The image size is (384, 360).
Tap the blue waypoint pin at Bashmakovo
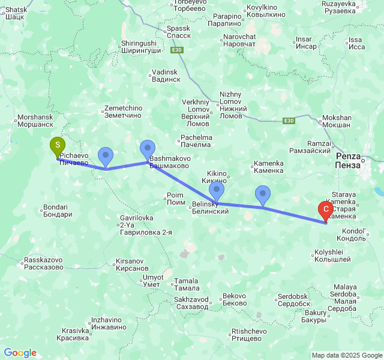pyautogui.click(x=148, y=149)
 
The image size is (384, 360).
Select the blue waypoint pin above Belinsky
pyautogui.click(x=217, y=191)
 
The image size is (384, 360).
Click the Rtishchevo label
pyautogui.click(x=249, y=334)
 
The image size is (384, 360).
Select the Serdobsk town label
pyautogui.click(x=293, y=300)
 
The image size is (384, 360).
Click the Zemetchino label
pyautogui.click(x=122, y=112)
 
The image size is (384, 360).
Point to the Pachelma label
pyautogui.click(x=196, y=141)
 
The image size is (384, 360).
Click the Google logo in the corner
pyautogui.click(x=20, y=353)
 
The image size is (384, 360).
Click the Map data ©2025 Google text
pyautogui.click(x=346, y=355)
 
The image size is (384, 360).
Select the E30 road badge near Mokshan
pyautogui.click(x=289, y=121)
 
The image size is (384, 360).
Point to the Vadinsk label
pyautogui.click(x=166, y=76)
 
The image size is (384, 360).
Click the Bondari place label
pyautogui.click(x=58, y=211)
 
